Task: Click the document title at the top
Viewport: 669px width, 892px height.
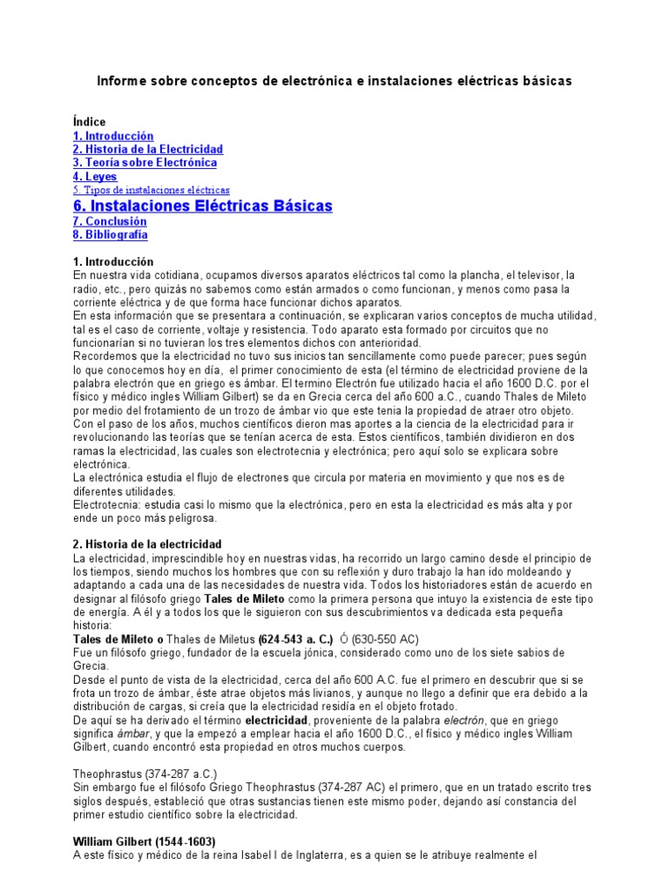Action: (334, 81)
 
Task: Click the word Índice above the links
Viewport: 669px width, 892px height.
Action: (89, 123)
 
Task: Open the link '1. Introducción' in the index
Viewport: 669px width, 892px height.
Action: (113, 136)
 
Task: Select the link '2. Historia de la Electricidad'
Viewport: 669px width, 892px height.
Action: (148, 150)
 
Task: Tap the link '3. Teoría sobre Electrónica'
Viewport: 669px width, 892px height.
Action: (145, 163)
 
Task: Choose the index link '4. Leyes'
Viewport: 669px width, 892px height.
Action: (95, 177)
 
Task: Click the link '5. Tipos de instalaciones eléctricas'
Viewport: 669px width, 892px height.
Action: (152, 190)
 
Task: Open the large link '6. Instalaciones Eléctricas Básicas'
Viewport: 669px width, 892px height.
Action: (203, 206)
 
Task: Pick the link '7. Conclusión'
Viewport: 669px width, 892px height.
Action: (110, 221)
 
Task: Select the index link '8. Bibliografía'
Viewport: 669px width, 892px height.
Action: (111, 234)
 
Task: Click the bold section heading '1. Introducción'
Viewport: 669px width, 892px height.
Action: (113, 261)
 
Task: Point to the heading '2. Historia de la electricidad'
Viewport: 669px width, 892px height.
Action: (148, 544)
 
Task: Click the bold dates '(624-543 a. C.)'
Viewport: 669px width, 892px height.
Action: (295, 639)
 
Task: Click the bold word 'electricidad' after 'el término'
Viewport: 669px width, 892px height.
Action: (276, 721)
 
